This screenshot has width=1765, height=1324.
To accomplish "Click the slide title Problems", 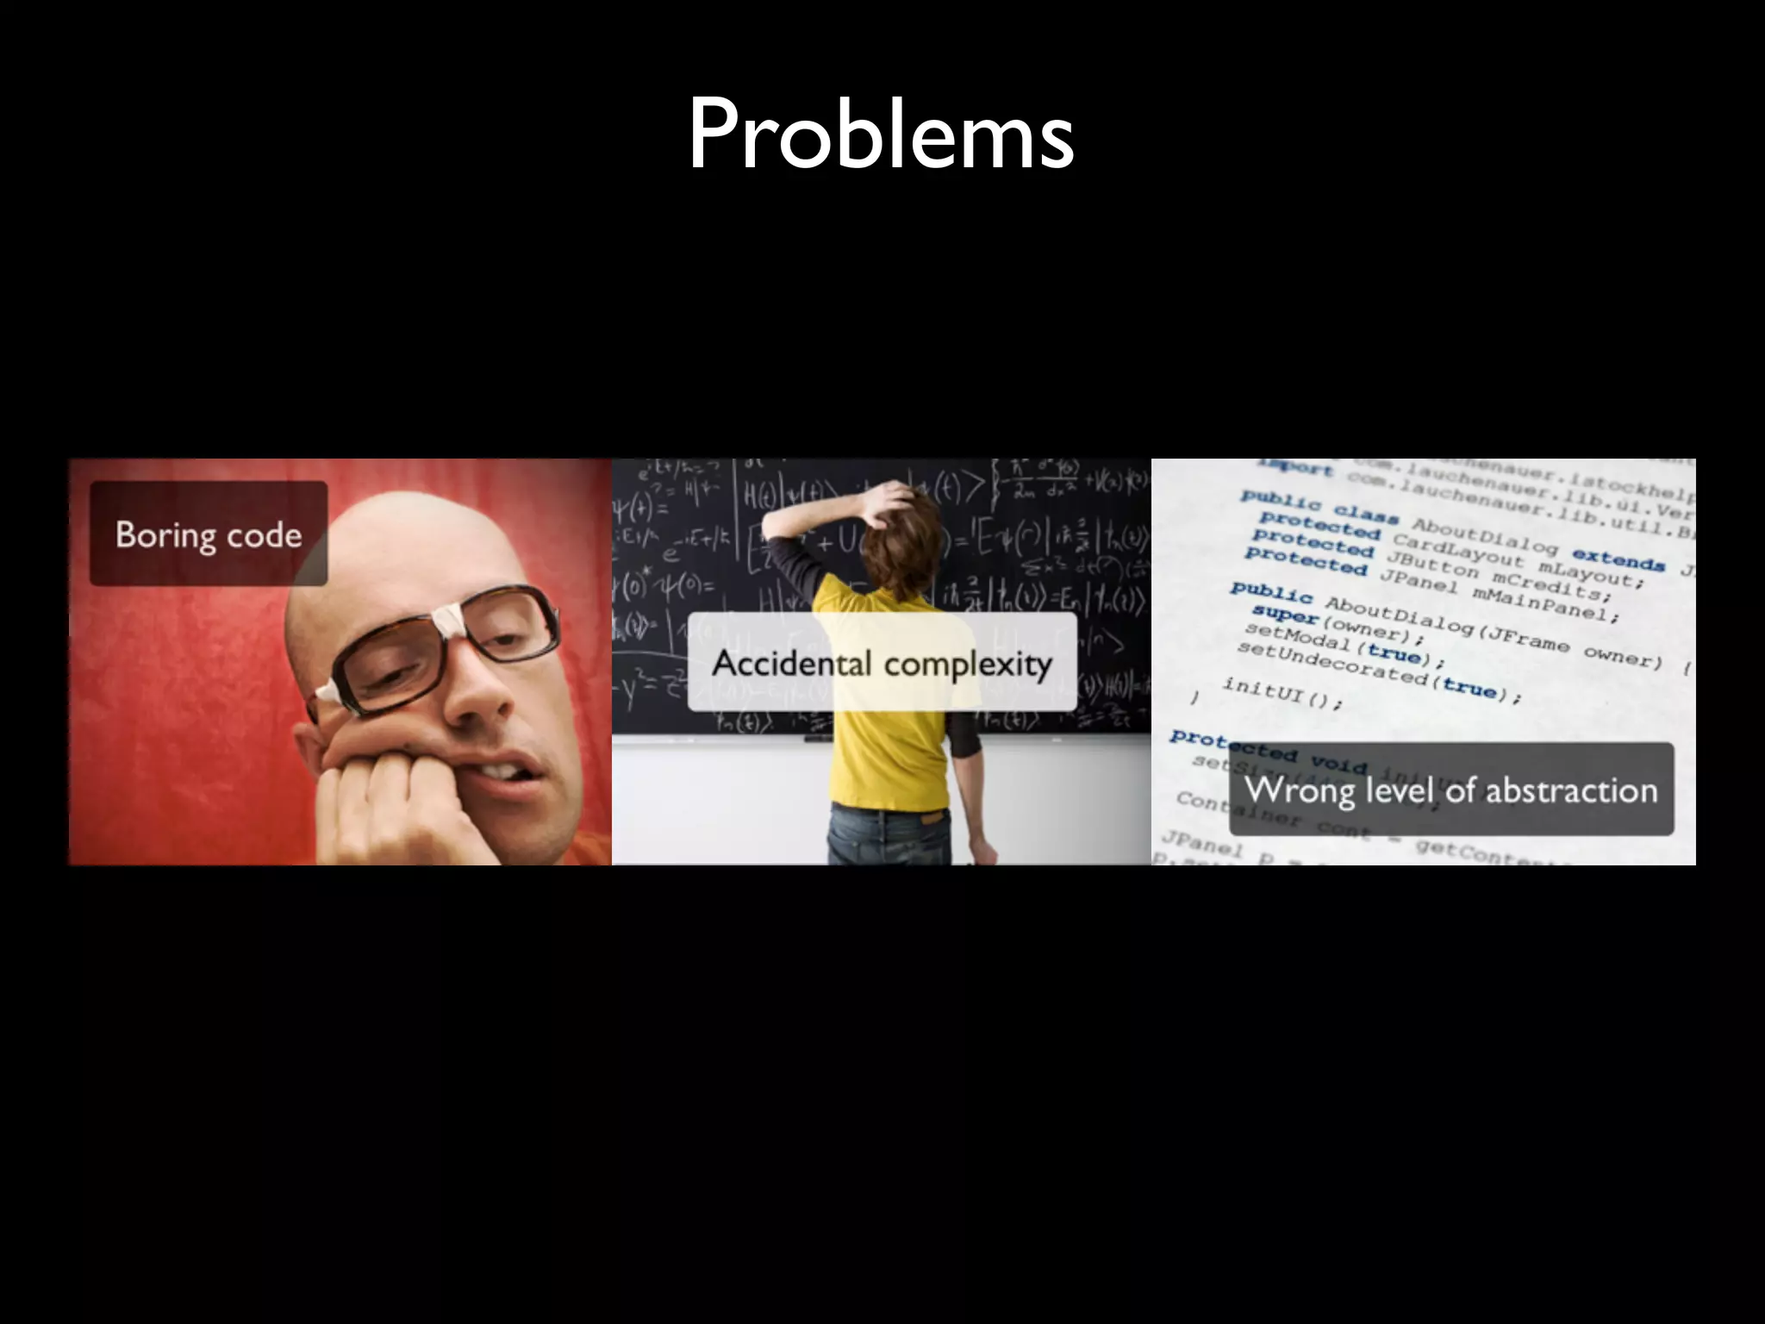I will tap(881, 134).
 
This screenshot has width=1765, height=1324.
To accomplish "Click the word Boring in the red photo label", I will tap(165, 535).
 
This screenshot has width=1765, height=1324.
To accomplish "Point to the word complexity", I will tap(968, 665).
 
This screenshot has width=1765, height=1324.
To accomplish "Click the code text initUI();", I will tap(1282, 693).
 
